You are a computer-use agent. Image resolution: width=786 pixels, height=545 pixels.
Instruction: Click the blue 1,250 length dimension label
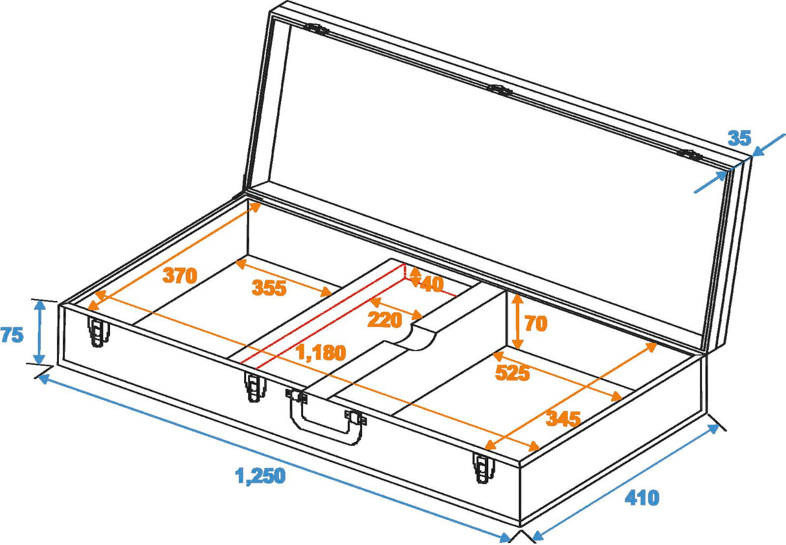(x=260, y=476)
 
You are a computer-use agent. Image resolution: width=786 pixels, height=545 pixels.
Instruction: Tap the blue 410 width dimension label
(x=642, y=497)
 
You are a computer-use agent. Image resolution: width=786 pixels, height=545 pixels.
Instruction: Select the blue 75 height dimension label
(x=12, y=335)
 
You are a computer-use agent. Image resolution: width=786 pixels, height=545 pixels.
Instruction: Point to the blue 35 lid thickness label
(x=739, y=138)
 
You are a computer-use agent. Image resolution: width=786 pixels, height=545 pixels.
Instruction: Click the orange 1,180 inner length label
(x=320, y=353)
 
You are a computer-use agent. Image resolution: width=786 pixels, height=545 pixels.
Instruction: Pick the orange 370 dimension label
(x=179, y=276)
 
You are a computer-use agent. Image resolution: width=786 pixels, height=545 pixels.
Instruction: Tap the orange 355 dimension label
(x=269, y=288)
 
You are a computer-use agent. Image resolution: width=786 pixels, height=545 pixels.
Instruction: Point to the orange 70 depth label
(x=535, y=323)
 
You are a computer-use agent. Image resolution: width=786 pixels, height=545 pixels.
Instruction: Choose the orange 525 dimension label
(x=512, y=372)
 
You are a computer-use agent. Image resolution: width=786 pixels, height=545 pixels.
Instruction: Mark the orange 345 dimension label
(x=563, y=419)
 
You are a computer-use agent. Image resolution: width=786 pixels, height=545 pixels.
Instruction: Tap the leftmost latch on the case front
(x=98, y=333)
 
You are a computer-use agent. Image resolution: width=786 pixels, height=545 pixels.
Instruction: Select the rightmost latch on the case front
(x=481, y=467)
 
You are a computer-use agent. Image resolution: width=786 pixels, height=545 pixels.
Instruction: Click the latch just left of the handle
(x=254, y=387)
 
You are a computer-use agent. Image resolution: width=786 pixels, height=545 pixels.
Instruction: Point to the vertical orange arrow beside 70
(x=517, y=322)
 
